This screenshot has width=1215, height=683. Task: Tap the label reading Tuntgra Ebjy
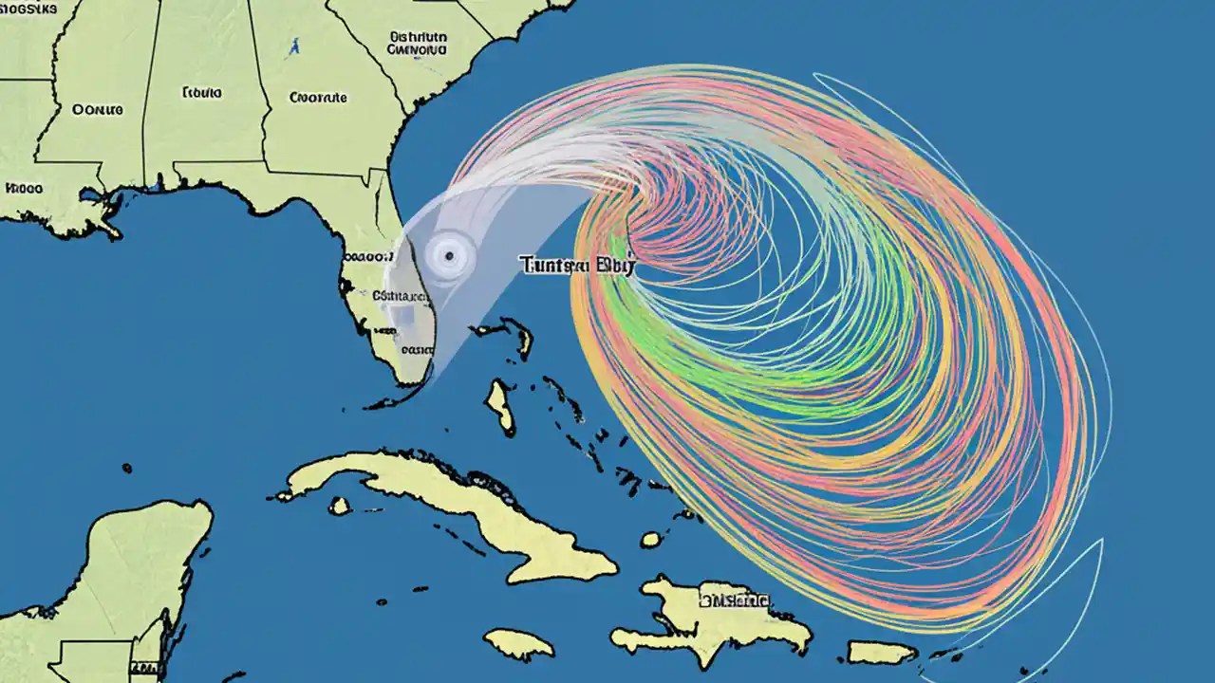point(576,266)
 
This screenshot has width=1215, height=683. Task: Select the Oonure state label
point(98,110)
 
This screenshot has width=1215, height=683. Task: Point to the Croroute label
point(318,97)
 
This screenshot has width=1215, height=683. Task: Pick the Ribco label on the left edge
point(24,188)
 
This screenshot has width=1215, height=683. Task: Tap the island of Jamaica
point(519,644)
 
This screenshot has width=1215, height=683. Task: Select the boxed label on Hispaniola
point(734,600)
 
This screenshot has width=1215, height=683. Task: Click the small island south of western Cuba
point(339,507)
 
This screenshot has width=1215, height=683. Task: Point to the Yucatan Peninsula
point(123,579)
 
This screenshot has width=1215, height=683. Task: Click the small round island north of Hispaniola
point(650,539)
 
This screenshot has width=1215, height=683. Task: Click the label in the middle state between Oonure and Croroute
point(201,93)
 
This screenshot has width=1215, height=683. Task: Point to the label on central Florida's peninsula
point(370,256)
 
